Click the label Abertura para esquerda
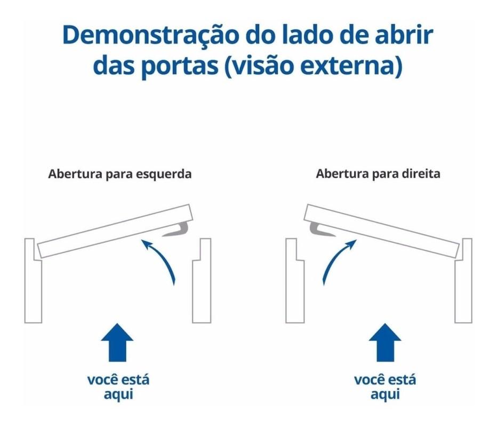[x=120, y=174]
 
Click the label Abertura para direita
[x=378, y=174]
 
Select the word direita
[x=421, y=174]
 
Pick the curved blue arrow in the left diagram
[x=162, y=257]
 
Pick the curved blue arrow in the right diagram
[x=335, y=257]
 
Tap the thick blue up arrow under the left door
[x=117, y=342]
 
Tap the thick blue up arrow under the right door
[x=385, y=342]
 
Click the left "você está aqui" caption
[x=118, y=387]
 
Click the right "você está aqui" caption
[x=385, y=387]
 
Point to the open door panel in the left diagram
[x=115, y=231]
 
